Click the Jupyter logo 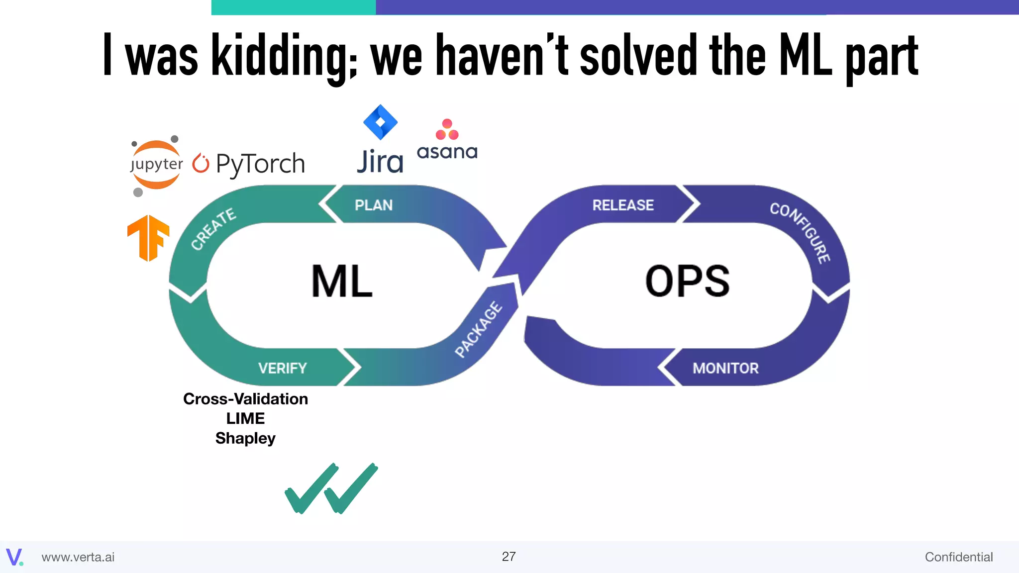point(156,165)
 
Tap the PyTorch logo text point(260,164)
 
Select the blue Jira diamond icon point(380,122)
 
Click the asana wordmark point(447,152)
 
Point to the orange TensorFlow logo point(148,238)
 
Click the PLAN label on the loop point(374,205)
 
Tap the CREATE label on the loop point(213,229)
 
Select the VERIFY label point(282,368)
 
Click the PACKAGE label point(479,329)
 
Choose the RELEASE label point(623,205)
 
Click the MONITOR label point(725,368)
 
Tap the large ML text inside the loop point(342,281)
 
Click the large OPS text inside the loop point(687,281)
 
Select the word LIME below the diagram point(245,418)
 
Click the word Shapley point(245,438)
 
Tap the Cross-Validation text point(245,399)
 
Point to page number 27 point(509,556)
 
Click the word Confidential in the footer point(958,557)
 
